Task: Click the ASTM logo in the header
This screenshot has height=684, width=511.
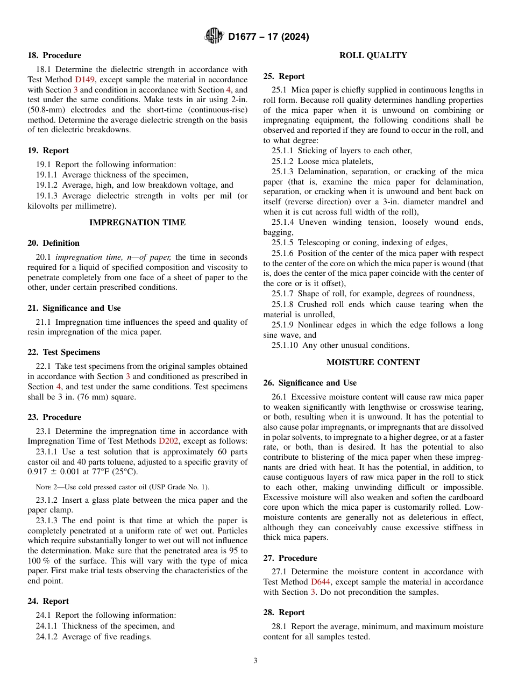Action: pos(214,37)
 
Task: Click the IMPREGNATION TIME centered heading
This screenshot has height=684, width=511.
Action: pos(137,223)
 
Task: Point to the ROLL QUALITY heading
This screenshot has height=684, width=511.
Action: pos(373,55)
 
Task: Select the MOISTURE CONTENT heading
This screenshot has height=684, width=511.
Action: pos(373,362)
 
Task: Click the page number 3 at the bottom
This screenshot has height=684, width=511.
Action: pos(256,661)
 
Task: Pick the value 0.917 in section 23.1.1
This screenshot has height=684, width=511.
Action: pos(38,472)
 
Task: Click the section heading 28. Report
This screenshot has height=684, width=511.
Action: pos(283,612)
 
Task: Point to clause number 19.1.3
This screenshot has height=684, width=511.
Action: pos(47,196)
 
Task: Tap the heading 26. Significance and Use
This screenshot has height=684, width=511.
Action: pos(310,383)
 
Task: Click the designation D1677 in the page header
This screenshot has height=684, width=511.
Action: pos(245,37)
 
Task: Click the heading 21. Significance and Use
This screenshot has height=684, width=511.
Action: pos(74,308)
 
